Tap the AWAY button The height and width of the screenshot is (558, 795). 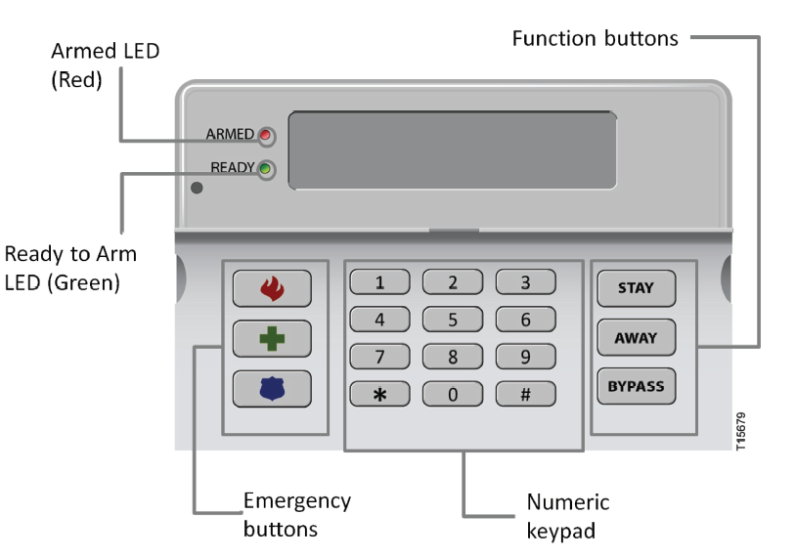click(x=635, y=338)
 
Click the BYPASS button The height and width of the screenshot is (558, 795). click(x=635, y=386)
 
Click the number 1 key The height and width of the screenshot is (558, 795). click(x=379, y=283)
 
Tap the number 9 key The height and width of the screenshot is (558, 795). click(x=525, y=357)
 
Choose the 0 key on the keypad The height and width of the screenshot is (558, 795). click(x=452, y=393)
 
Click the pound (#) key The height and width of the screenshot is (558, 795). click(x=525, y=393)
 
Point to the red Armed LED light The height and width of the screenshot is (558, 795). click(x=265, y=134)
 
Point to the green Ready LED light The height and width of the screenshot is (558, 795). click(x=265, y=168)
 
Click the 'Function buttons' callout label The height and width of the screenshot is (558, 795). click(x=595, y=39)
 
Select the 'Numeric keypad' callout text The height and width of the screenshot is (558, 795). click(x=567, y=516)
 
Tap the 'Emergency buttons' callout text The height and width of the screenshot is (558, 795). click(x=297, y=515)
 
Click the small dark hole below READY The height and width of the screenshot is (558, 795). click(x=197, y=188)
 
